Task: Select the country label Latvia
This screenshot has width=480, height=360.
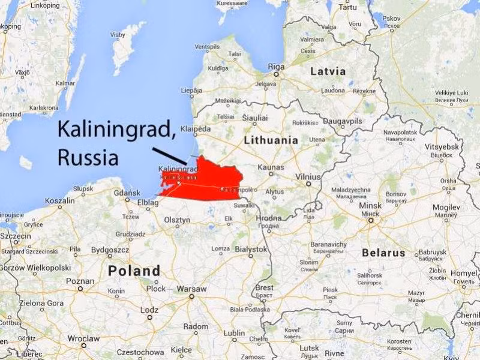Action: pyautogui.click(x=328, y=71)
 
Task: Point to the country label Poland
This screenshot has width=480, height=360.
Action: pyautogui.click(x=134, y=271)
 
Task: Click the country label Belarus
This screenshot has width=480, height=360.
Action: pyautogui.click(x=383, y=253)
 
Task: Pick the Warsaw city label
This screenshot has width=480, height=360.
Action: pyautogui.click(x=192, y=289)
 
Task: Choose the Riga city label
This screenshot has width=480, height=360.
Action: pyautogui.click(x=276, y=67)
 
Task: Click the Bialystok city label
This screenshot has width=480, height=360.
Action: pyautogui.click(x=251, y=248)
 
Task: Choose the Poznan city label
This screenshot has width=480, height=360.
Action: pyautogui.click(x=80, y=281)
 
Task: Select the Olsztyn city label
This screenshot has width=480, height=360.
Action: pyautogui.click(x=177, y=220)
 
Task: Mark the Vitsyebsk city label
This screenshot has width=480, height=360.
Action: pyautogui.click(x=440, y=147)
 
